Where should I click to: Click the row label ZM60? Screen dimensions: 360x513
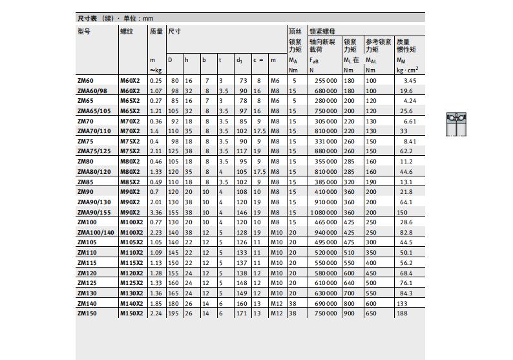point(85,81)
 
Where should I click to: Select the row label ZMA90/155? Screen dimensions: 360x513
point(94,212)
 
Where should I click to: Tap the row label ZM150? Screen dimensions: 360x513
point(87,313)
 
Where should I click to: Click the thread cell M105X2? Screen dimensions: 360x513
point(131,242)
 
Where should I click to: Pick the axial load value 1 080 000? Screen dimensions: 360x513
point(323,212)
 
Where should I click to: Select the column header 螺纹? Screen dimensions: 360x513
point(126,31)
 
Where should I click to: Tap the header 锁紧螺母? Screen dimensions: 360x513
point(322,31)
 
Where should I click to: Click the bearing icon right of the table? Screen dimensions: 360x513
point(456,123)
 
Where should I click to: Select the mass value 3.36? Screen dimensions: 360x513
point(156,212)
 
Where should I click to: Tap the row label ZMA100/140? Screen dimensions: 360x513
point(96,232)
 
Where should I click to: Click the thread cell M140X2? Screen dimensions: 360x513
point(131,303)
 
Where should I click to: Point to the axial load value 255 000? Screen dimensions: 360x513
point(325,81)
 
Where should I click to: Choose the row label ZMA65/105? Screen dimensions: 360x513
point(94,111)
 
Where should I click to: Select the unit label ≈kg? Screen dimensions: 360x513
point(156,70)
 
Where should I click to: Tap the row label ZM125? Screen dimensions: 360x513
point(87,282)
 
